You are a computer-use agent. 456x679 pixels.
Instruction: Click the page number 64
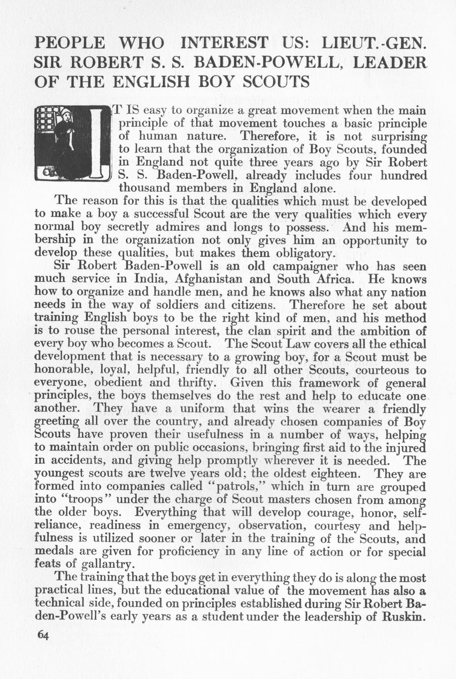43,635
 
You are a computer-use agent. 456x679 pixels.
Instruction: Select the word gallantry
107,564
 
